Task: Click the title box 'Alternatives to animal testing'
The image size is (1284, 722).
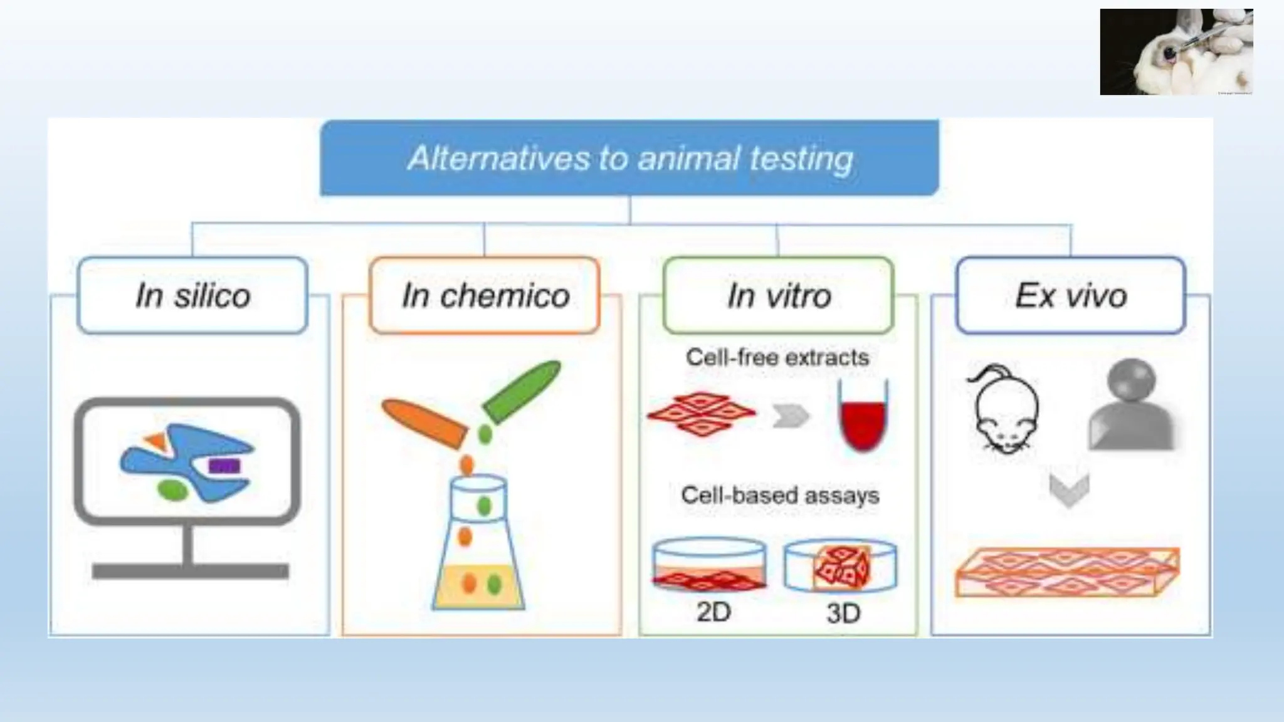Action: pyautogui.click(x=629, y=158)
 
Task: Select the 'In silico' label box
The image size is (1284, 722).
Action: pyautogui.click(x=192, y=295)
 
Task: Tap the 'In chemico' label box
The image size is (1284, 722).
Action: pyautogui.click(x=485, y=295)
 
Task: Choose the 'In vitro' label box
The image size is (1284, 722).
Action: pyautogui.click(x=778, y=295)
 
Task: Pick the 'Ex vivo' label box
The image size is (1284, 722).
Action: pyautogui.click(x=1071, y=295)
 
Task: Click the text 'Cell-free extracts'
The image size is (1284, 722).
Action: pyautogui.click(x=777, y=357)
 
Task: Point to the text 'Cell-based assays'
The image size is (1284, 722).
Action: pyautogui.click(x=780, y=495)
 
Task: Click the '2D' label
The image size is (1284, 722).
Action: pyautogui.click(x=713, y=612)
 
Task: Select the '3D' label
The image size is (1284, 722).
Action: pyautogui.click(x=843, y=613)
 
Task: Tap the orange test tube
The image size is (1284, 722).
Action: pyautogui.click(x=424, y=424)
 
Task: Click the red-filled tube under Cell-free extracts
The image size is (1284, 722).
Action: pyautogui.click(x=863, y=417)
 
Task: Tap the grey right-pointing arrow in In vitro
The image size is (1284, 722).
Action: pyautogui.click(x=791, y=416)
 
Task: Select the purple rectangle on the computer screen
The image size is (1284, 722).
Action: pyautogui.click(x=224, y=466)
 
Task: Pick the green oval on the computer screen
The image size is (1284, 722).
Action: pyautogui.click(x=172, y=489)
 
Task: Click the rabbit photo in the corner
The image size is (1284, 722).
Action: pyautogui.click(x=1176, y=52)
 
